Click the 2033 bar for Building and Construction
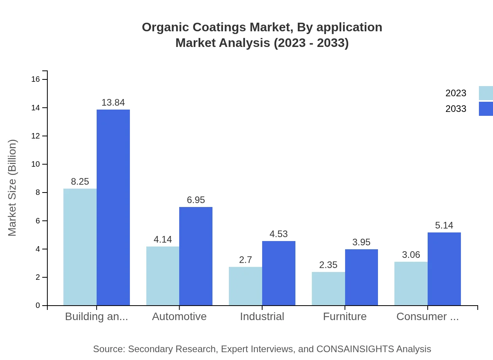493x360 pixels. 113,207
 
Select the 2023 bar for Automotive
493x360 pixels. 163,276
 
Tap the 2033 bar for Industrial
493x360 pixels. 279,273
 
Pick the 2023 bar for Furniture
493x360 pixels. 328,288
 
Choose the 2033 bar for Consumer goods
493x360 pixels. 444,269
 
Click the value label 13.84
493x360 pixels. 113,103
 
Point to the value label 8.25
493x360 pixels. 80,182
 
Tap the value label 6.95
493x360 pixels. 196,200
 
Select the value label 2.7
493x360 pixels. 245,260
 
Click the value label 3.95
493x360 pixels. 361,242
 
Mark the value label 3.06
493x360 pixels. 411,255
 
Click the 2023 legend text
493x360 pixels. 456,93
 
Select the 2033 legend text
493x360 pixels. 456,109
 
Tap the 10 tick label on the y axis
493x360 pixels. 36,164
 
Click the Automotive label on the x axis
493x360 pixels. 179,317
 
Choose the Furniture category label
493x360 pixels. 345,317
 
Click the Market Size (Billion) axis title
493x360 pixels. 13,188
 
